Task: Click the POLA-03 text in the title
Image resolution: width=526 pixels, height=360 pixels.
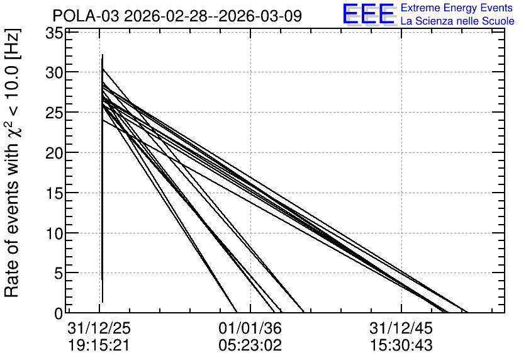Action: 86,16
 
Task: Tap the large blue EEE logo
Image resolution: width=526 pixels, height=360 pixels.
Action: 369,14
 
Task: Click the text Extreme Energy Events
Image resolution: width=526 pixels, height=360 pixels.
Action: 457,8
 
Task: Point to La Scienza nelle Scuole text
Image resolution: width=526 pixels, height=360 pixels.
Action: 457,21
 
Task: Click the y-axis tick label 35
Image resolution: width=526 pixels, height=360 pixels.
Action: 54,33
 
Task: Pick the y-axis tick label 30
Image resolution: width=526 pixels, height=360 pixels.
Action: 54,72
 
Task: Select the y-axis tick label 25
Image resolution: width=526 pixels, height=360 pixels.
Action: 54,113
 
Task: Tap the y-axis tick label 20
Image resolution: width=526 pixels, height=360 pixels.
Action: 54,153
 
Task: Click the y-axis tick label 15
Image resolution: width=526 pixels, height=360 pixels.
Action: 54,193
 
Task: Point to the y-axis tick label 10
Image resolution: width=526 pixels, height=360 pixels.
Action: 54,233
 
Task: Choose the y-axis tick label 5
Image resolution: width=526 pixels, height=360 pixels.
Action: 59,274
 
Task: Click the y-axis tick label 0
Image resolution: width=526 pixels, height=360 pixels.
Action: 59,314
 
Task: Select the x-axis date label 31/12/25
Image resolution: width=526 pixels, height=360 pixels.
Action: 99,329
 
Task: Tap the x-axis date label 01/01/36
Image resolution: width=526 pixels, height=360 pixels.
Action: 250,329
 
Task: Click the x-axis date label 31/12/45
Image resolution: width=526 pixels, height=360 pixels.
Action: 401,329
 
